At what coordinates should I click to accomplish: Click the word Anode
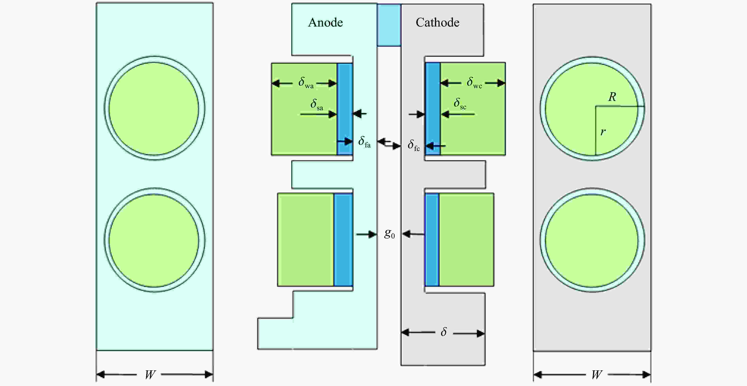tap(325, 23)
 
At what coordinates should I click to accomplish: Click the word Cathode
tap(437, 23)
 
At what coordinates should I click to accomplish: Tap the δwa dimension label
tap(306, 83)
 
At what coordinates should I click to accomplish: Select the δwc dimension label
tap(474, 83)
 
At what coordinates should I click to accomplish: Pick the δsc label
tap(460, 104)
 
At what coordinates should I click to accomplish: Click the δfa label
tap(364, 142)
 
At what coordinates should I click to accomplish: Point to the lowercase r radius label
tap(603, 132)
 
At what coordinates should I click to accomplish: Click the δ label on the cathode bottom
tap(444, 332)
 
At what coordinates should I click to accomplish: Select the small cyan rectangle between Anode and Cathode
tap(389, 25)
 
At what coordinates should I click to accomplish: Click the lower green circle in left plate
tap(154, 240)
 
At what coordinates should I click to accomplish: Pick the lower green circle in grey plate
tap(592, 240)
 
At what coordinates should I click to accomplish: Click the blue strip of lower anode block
tap(343, 240)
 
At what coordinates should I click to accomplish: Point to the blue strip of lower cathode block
tap(432, 240)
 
